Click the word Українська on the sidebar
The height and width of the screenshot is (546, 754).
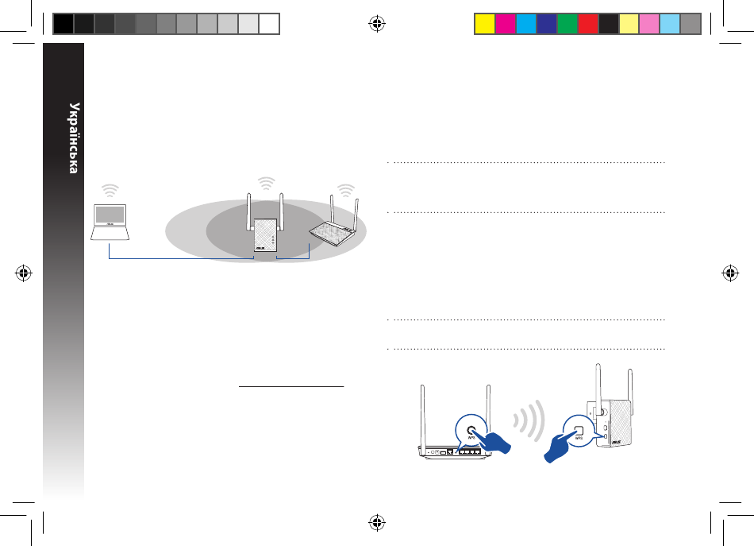click(x=74, y=138)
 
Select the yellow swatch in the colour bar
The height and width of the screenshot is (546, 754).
click(x=485, y=24)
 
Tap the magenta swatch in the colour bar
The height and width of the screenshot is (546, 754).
click(x=506, y=24)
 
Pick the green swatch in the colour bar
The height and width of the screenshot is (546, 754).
click(x=567, y=24)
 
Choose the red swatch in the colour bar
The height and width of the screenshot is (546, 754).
click(x=587, y=24)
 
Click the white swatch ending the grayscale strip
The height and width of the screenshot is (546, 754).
click(x=269, y=24)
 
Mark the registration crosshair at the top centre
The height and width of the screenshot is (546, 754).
click(x=377, y=24)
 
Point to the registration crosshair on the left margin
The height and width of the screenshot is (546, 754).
click(x=24, y=273)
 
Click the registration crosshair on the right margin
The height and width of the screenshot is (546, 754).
click(x=730, y=273)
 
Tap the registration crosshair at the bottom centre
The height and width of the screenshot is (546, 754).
click(x=377, y=522)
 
